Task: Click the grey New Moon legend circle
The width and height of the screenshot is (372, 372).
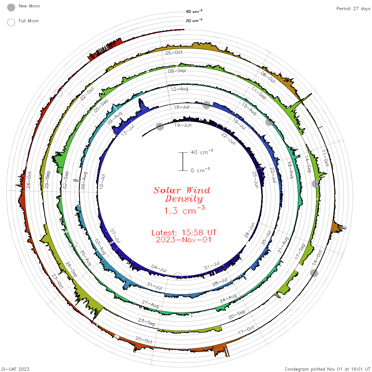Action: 11,7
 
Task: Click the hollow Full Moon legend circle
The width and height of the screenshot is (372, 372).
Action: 11,22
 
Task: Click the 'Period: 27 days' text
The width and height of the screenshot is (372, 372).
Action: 353,9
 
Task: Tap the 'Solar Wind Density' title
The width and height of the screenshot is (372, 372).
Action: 182,195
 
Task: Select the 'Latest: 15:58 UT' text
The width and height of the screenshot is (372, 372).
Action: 184,233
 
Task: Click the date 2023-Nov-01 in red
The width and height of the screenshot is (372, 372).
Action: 184,240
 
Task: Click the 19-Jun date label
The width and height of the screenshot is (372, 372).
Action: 183,125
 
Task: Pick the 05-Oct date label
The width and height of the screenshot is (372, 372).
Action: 174,53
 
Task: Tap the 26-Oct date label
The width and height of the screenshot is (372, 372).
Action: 29,180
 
